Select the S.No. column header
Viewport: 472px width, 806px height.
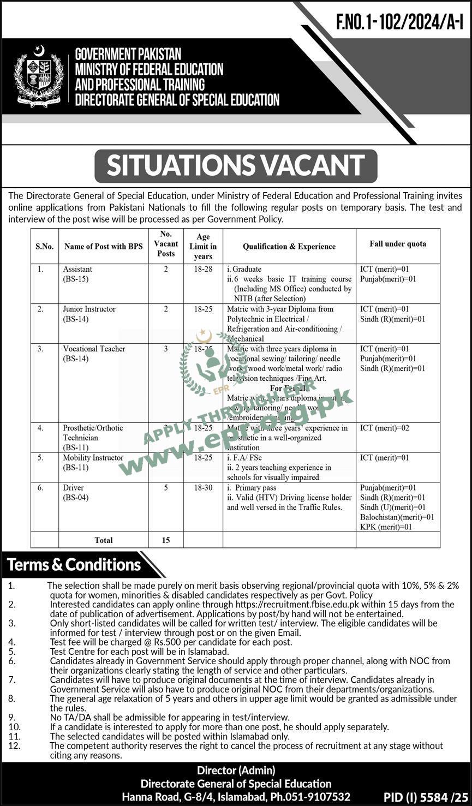tap(45, 246)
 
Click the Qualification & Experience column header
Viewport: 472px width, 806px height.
tap(289, 246)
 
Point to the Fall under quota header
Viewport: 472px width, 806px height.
tap(398, 244)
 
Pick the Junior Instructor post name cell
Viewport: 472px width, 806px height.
tap(89, 314)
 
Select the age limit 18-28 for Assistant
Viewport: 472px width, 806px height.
tap(203, 269)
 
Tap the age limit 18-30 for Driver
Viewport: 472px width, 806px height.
tap(203, 487)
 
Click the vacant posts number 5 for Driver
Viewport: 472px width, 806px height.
tap(166, 487)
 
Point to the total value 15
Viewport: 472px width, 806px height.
tap(166, 540)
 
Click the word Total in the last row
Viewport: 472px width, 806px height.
tap(104, 540)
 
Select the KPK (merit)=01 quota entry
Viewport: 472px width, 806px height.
tap(386, 527)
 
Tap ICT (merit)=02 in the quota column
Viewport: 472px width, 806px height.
tap(385, 428)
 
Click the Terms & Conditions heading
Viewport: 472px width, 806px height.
tap(74, 564)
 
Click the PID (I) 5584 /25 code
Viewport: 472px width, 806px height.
tap(426, 797)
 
